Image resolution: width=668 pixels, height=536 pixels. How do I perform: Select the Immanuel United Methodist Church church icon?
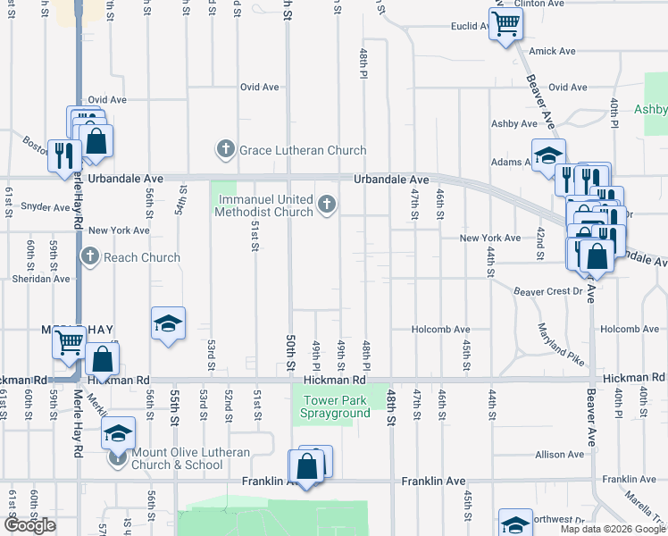(327, 205)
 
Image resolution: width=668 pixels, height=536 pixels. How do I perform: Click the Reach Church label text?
(141, 257)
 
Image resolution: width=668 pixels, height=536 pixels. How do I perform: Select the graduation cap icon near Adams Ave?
(548, 154)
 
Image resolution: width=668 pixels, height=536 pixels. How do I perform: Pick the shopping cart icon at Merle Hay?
(68, 340)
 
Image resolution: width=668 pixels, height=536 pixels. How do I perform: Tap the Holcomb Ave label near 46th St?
(440, 330)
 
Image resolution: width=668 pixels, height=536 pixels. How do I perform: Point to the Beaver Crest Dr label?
(547, 291)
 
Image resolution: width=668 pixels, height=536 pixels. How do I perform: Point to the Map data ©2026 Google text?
(614, 529)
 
